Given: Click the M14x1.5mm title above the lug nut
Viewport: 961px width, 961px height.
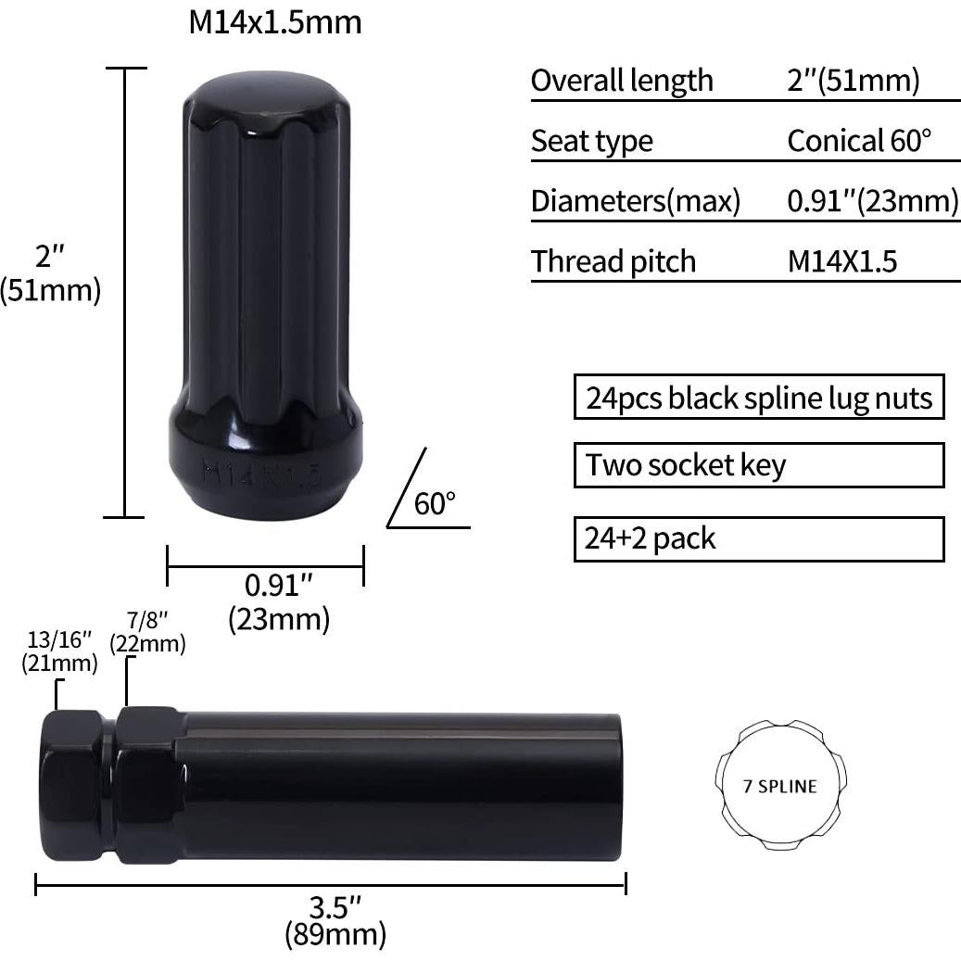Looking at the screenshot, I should pyautogui.click(x=274, y=21).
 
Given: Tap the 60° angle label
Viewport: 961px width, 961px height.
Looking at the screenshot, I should pyautogui.click(x=435, y=504).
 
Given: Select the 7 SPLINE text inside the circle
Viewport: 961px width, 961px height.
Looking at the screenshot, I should pyautogui.click(x=780, y=787).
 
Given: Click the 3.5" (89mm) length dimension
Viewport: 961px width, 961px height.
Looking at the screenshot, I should pyautogui.click(x=334, y=917).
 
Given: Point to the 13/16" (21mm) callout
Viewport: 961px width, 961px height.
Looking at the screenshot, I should pyautogui.click(x=59, y=651).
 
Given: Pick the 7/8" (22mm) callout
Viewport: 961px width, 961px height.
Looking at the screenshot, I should pyautogui.click(x=147, y=631).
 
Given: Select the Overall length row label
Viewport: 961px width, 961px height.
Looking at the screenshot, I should pyautogui.click(x=622, y=81).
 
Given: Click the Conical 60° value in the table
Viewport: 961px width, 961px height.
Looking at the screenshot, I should pyautogui.click(x=858, y=141).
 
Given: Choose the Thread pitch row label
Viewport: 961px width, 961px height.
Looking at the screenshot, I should pyautogui.click(x=613, y=261).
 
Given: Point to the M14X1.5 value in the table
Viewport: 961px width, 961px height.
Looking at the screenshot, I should pyautogui.click(x=842, y=261).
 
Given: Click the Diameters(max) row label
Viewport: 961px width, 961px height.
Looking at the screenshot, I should pyautogui.click(x=636, y=201).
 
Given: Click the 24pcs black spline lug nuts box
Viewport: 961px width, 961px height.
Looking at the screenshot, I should pyautogui.click(x=758, y=398).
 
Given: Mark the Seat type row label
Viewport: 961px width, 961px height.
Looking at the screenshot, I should pyautogui.click(x=592, y=141).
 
